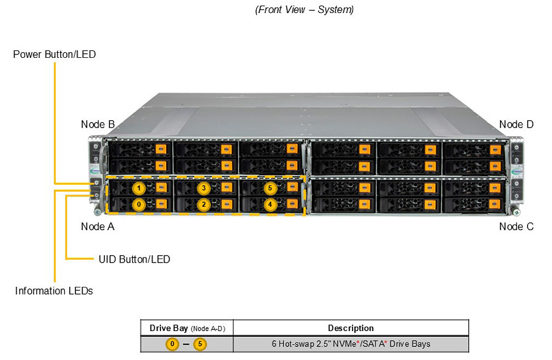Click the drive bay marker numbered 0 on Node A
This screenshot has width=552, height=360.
(x=139, y=204)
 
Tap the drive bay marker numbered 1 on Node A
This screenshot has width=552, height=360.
(x=139, y=188)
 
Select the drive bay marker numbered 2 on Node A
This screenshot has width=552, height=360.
(x=203, y=204)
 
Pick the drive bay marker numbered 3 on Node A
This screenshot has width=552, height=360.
(x=203, y=188)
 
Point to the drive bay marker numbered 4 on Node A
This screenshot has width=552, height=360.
(x=270, y=204)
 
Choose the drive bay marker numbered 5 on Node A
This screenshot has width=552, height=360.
(x=270, y=188)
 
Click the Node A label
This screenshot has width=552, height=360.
(x=97, y=227)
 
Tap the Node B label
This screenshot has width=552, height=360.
(x=97, y=124)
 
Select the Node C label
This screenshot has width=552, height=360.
(x=516, y=227)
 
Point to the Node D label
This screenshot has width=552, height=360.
(x=516, y=124)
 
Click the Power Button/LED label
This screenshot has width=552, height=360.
(x=54, y=54)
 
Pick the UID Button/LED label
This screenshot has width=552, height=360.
(x=134, y=259)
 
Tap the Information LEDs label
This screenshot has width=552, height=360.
(x=54, y=291)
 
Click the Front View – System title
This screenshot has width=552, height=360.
(x=304, y=10)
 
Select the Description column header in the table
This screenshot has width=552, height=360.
(x=351, y=328)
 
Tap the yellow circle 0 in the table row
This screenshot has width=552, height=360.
(x=172, y=344)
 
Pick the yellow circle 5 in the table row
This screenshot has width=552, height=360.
(x=200, y=344)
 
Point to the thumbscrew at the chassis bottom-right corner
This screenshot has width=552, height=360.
(x=516, y=212)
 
